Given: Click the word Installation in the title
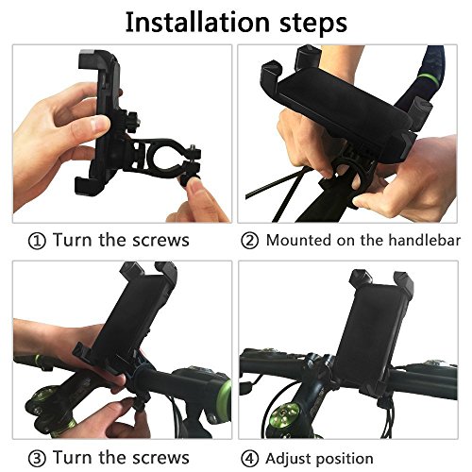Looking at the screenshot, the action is click(197, 22).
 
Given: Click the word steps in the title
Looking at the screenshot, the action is click(313, 24).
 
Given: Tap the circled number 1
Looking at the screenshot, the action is click(37, 242).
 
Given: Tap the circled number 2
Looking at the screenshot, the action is click(249, 241).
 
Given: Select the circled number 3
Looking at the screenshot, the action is click(37, 459).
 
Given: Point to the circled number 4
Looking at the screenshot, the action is click(249, 459).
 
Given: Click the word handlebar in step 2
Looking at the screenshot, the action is click(424, 240).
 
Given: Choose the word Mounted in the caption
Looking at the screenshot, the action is click(299, 240).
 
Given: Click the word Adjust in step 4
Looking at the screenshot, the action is click(289, 459).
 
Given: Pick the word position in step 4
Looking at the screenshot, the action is click(345, 460).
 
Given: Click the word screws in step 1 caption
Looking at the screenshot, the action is click(160, 241).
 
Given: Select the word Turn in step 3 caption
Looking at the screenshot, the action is click(73, 458).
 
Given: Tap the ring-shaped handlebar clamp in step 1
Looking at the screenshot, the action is click(163, 158).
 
